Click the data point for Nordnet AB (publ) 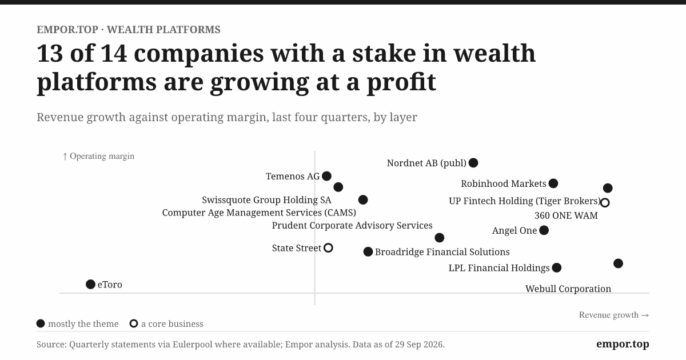(473, 163)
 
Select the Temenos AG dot (327, 176)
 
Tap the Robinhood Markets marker (553, 183)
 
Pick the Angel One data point (544, 230)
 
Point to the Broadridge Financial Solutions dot (368, 252)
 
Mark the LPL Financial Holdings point (557, 268)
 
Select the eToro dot (90, 285)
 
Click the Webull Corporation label (568, 289)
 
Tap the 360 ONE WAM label (567, 215)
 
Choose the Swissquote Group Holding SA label (266, 200)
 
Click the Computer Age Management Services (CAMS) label (259, 213)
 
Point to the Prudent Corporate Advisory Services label (352, 225)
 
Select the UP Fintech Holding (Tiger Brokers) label (525, 201)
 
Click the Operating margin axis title (98, 156)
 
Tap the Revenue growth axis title (614, 315)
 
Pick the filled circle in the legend (41, 323)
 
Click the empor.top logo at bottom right (623, 344)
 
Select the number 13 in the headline (50, 53)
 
